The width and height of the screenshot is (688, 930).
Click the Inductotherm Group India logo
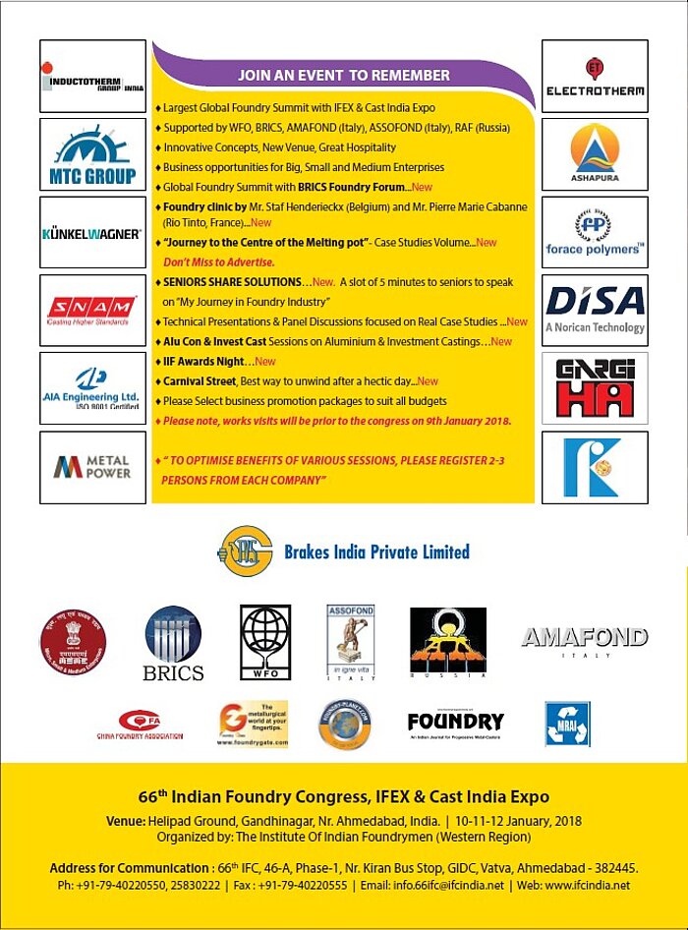(x=92, y=76)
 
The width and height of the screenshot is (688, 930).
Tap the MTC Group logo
(x=92, y=154)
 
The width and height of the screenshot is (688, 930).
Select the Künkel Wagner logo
(x=92, y=233)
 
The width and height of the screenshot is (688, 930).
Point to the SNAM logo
(x=92, y=311)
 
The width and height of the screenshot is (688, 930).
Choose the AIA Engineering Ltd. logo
(x=92, y=388)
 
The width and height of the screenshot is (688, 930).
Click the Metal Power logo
(x=92, y=467)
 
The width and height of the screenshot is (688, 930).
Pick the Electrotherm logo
(x=595, y=76)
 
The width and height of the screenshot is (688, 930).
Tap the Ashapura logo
(x=595, y=154)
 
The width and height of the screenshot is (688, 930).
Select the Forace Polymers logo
(x=595, y=233)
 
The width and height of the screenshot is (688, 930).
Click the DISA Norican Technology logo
(x=595, y=311)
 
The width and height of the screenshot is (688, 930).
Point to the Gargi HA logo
(x=595, y=388)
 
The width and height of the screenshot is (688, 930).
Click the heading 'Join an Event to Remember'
(x=343, y=75)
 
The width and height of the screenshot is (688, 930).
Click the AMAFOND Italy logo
(x=584, y=640)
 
